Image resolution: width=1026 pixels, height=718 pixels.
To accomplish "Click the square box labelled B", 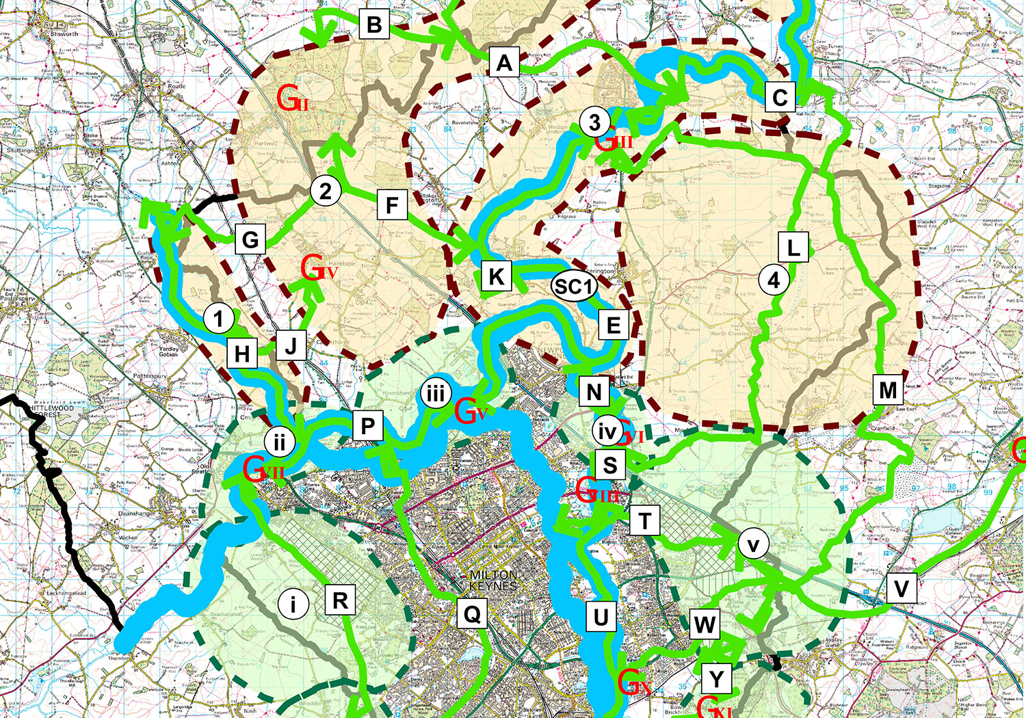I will pos(374,25).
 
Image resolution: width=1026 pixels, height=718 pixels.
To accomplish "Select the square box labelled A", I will pos(504,63).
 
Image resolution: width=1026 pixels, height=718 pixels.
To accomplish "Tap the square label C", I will pos(780,98).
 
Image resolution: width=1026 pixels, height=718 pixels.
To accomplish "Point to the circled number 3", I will pos(594,122).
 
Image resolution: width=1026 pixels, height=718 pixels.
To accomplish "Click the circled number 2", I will pos(326,191).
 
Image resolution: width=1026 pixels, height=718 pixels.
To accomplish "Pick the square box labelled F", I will pos(392,205).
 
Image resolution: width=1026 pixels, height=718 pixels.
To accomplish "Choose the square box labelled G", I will pos(250,240).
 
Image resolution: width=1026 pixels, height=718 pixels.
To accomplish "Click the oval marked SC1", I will pos(573,287).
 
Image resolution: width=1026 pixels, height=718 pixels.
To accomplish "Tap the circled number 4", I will pos(774,280).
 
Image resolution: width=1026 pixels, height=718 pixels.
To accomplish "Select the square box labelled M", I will pos(888,390).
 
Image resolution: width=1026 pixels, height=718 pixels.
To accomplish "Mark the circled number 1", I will pos(219,319).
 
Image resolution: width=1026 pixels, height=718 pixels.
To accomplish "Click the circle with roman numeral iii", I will pos(436,393).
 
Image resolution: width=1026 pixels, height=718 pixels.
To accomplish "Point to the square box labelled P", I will pos(368,427).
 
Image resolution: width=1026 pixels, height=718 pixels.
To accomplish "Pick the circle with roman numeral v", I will pos(754,545).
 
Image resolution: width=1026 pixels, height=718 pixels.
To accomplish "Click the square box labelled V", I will pos(902,589).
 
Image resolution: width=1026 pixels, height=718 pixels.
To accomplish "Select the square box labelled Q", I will pos(472,614).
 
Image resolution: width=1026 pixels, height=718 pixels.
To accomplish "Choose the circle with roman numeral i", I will pos(293,604).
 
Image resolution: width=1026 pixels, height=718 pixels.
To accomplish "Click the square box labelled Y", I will pos(716,679).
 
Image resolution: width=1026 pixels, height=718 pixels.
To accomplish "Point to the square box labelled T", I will pos(644,521).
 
